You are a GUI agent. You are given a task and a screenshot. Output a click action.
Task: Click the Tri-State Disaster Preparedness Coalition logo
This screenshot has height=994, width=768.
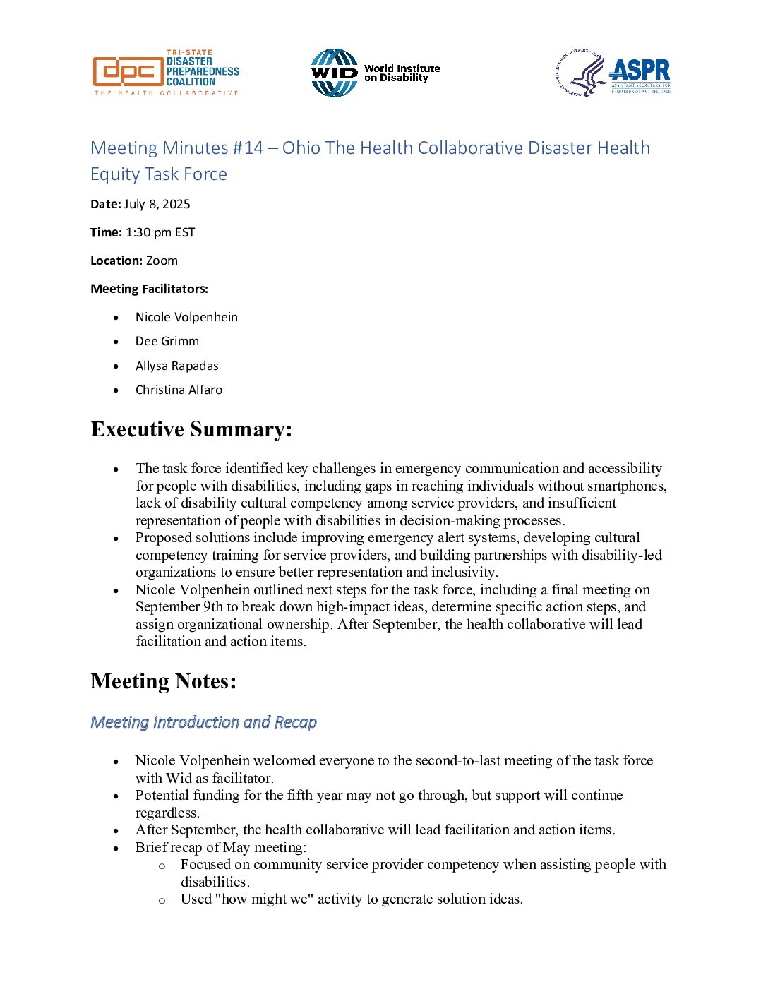(x=166, y=73)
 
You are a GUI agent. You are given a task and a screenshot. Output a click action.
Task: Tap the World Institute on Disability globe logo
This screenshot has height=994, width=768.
(x=334, y=73)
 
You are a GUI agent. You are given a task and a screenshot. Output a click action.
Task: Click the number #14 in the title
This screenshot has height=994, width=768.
(x=248, y=148)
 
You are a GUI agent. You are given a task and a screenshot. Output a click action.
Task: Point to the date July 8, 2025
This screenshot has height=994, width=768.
(x=157, y=204)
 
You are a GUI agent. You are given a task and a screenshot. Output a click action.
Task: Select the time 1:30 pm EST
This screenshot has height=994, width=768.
(x=160, y=232)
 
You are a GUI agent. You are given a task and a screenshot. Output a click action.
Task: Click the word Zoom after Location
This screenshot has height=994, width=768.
(x=162, y=261)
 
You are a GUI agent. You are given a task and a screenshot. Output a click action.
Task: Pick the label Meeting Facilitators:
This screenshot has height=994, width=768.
(x=149, y=289)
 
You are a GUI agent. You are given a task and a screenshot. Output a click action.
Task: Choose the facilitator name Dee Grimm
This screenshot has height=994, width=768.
(x=167, y=341)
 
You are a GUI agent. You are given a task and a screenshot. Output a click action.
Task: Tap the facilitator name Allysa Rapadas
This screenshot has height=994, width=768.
(x=176, y=366)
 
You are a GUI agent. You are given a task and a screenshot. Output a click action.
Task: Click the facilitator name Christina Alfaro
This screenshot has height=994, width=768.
(x=179, y=390)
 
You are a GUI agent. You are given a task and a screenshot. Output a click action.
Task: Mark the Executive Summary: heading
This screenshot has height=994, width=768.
(x=191, y=429)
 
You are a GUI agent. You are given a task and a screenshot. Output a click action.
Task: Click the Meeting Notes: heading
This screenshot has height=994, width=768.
(x=164, y=681)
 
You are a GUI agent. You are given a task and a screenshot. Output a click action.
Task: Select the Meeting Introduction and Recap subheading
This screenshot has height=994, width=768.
(x=204, y=722)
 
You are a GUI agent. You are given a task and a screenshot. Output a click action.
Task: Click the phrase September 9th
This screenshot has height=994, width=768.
(x=179, y=607)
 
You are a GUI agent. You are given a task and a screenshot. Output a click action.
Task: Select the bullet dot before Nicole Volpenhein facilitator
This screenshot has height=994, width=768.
(x=116, y=317)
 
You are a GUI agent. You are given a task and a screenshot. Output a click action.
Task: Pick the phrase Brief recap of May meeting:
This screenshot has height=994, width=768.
(x=221, y=847)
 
